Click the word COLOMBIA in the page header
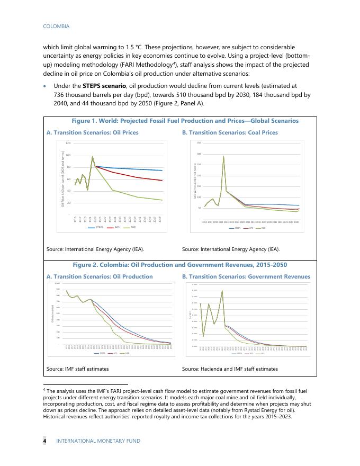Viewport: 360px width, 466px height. click(56, 26)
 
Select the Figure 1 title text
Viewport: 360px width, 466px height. click(185, 121)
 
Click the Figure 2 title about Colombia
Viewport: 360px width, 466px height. click(180, 265)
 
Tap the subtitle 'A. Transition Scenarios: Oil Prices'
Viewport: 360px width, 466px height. click(93, 132)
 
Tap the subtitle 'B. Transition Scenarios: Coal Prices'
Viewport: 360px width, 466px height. click(230, 132)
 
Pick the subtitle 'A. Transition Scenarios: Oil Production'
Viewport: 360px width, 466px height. click(100, 276)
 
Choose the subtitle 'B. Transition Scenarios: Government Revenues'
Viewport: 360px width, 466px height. click(246, 276)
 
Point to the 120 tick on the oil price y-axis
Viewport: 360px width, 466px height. click(68, 144)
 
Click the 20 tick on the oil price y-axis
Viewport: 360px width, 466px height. click(68, 203)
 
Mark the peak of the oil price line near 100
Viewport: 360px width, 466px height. click(93, 156)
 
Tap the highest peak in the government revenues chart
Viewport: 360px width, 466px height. click(222, 290)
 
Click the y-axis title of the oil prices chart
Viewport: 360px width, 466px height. click(62, 180)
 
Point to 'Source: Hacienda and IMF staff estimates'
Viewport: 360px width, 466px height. click(230, 369)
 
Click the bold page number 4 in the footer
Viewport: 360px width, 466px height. click(45, 441)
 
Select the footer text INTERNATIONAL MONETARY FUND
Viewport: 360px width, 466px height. click(98, 441)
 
